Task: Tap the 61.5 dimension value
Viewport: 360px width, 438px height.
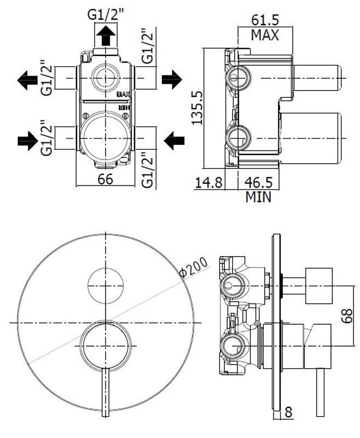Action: [265, 20]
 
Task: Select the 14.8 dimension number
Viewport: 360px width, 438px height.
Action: [208, 183]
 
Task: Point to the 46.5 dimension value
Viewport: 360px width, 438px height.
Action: [258, 183]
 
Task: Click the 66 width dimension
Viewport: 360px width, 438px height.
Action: [105, 179]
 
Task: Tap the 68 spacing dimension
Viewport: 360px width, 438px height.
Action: [347, 316]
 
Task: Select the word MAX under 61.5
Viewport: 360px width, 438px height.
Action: [265, 35]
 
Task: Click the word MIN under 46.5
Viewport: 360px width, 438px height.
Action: [258, 197]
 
